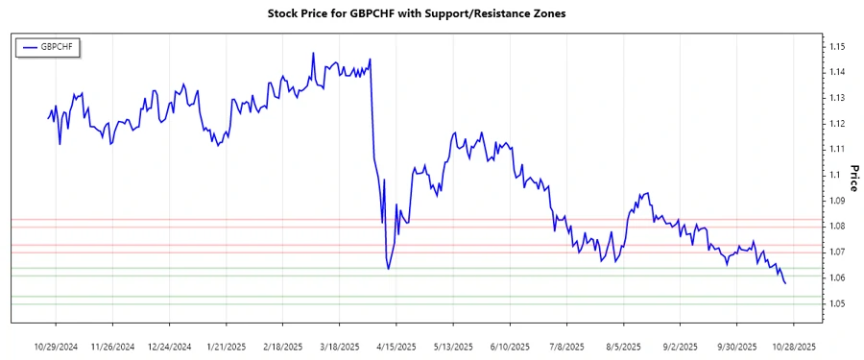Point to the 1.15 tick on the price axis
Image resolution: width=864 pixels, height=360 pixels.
coord(838,46)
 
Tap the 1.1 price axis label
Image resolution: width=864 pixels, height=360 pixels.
coord(836,175)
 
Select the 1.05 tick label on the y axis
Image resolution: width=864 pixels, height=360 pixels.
coord(838,303)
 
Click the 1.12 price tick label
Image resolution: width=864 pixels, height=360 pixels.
coord(838,123)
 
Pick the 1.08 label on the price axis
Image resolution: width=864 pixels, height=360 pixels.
coord(838,227)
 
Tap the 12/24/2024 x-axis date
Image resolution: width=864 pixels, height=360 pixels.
coord(170,346)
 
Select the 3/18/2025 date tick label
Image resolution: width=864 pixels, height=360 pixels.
coord(339,346)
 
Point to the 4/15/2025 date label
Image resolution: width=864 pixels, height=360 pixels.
coord(396,346)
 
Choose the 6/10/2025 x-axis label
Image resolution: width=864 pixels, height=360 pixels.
coord(509,346)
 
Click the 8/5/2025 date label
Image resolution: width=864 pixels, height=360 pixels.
coord(624,346)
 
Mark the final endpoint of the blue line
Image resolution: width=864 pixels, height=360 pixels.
coord(785,283)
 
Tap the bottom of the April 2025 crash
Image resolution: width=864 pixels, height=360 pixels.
coord(388,268)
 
